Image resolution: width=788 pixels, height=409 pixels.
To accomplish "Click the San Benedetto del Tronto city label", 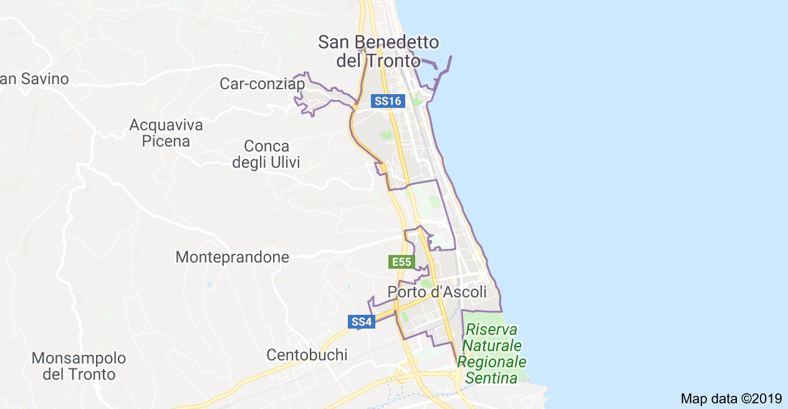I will [378, 52].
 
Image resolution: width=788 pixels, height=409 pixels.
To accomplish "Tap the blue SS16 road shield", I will [388, 101].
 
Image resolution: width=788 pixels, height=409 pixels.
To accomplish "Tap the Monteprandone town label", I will [232, 257].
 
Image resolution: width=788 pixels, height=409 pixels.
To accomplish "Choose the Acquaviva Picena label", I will [166, 133].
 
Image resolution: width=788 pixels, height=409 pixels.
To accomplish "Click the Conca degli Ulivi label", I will [266, 155].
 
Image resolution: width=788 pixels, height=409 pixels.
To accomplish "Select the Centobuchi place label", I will [307, 355].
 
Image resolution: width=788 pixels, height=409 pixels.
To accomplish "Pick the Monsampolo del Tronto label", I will [79, 367].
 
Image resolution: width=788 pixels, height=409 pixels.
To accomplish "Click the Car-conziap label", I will [262, 84].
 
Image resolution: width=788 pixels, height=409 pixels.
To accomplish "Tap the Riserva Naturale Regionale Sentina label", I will [491, 354].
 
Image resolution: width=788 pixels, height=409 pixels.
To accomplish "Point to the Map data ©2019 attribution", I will [731, 398].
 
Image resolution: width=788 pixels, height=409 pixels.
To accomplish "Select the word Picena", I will [166, 142].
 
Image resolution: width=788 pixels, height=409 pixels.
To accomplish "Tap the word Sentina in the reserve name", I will [491, 378].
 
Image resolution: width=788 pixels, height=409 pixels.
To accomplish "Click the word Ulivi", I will [285, 163].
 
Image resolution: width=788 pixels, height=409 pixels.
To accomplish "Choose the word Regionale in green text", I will [491, 362].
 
